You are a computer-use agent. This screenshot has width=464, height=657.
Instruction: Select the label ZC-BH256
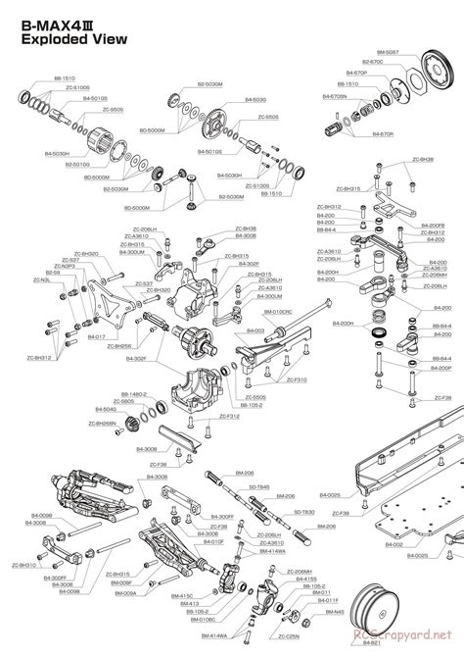(x=116, y=345)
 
